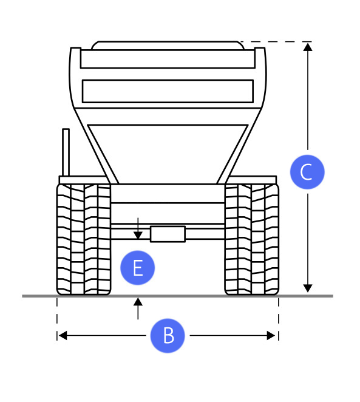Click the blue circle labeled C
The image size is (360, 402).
coord(307,172)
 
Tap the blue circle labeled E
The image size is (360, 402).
coord(138,268)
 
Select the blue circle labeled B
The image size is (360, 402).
coord(168,336)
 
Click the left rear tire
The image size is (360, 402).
coord(84,239)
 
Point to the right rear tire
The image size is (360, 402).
coord(251,239)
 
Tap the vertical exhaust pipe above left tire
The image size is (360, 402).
coord(66,152)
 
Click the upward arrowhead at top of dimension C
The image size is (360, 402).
coord(308,47)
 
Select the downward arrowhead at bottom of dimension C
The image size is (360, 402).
coord(308,288)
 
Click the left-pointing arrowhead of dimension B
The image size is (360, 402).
coord(63,335)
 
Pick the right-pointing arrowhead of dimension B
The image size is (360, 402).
coord(271,335)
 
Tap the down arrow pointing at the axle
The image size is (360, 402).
coord(138,229)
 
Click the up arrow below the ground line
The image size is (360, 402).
coord(138,308)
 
